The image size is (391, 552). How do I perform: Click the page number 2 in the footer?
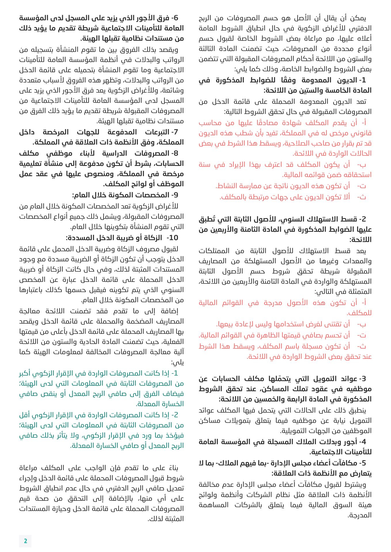25,541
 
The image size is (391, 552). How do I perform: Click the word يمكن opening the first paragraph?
358,18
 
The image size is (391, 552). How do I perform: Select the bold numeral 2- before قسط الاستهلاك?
362,219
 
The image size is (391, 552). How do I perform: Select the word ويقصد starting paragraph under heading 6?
169,50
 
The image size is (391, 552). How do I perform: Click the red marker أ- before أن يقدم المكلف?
363,123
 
